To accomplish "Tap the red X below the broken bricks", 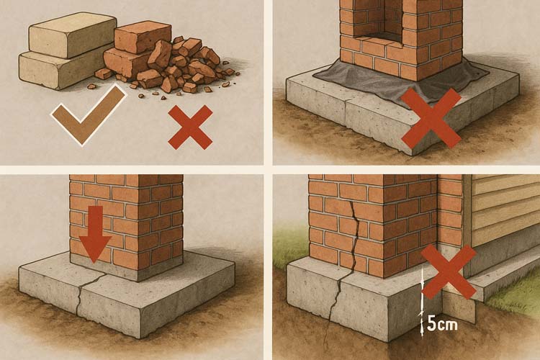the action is tap(190, 127).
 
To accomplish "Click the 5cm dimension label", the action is tap(442, 324).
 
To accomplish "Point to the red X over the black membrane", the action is tap(431, 118).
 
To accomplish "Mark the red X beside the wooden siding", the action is tap(449, 272).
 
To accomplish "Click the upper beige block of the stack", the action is tap(72, 35).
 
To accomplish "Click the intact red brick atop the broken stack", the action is tap(143, 37).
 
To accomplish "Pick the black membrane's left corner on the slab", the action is tap(312, 74).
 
